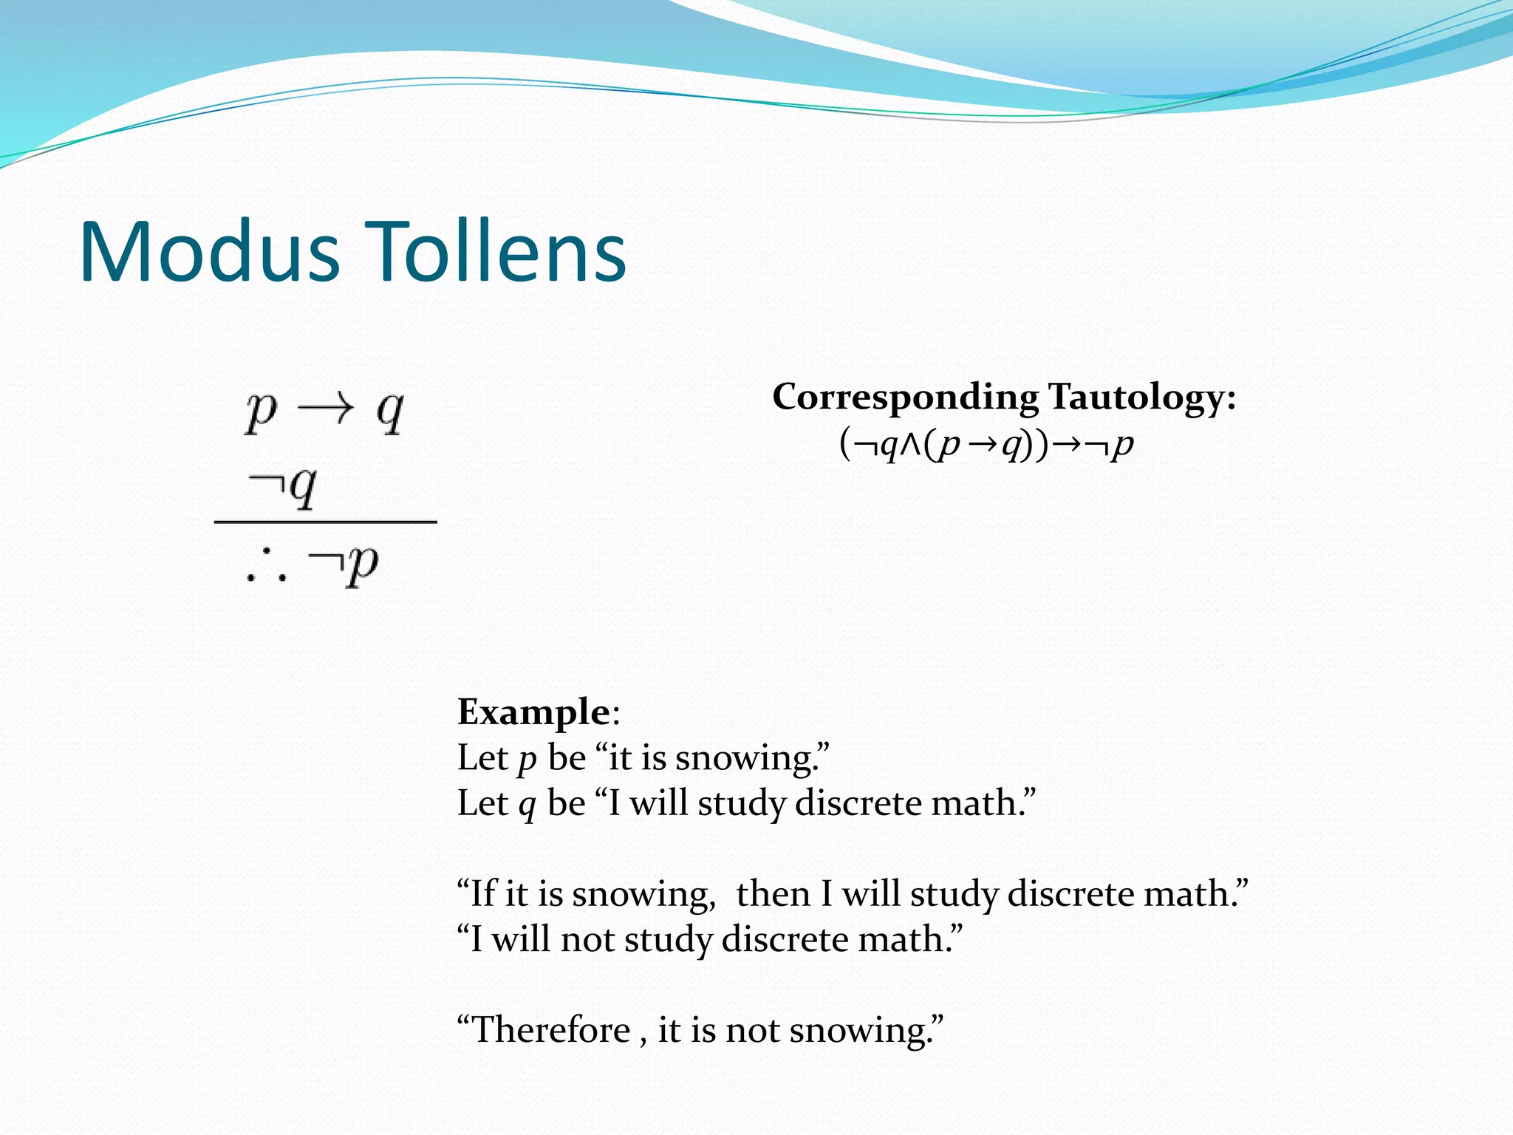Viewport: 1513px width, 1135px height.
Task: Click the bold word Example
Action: (x=533, y=712)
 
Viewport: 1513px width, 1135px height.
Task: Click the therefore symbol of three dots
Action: (x=266, y=567)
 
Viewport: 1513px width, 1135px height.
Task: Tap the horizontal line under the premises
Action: (x=325, y=522)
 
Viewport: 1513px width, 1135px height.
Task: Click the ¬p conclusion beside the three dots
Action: (x=344, y=565)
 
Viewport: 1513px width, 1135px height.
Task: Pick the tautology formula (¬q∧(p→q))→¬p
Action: (x=986, y=444)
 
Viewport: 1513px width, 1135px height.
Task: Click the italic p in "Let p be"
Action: (x=526, y=759)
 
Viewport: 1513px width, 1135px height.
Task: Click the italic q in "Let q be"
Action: (x=526, y=805)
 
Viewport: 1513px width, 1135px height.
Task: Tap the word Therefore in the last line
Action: (x=551, y=1030)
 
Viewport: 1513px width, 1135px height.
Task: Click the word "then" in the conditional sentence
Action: (x=773, y=894)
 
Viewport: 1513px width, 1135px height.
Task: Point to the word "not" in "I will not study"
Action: (x=587, y=940)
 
